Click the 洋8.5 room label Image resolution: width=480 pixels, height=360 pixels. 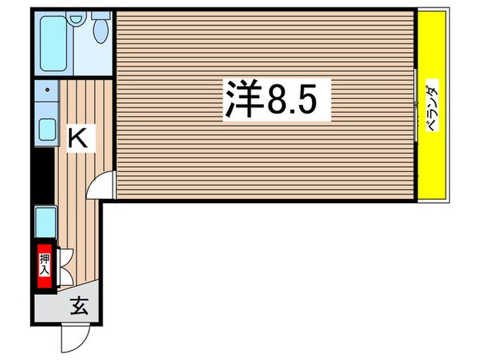(276, 100)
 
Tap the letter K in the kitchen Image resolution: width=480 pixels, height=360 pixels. (77, 139)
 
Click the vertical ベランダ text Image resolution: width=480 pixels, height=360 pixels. (432, 106)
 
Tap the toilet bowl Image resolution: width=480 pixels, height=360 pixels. (100, 32)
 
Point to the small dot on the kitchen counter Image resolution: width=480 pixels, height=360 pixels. (47, 89)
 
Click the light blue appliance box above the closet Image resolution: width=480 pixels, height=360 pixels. (45, 221)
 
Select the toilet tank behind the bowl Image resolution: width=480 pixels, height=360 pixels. (101, 14)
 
